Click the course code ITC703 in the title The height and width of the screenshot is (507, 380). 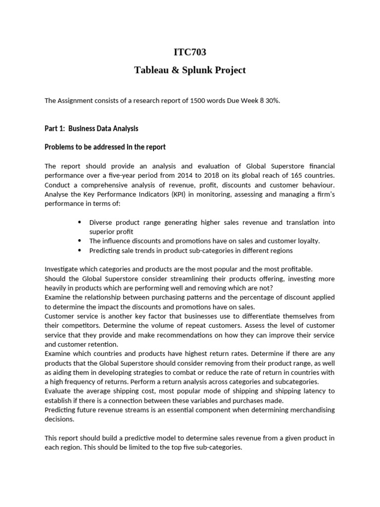(x=190, y=52)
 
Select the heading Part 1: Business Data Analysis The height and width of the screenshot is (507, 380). (x=92, y=129)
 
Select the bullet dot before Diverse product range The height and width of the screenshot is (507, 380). (x=80, y=222)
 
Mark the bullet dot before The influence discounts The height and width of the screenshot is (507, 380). (x=80, y=241)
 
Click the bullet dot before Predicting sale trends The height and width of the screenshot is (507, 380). (x=80, y=250)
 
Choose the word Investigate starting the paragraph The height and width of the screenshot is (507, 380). (x=62, y=269)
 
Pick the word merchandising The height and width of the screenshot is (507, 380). (x=309, y=410)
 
